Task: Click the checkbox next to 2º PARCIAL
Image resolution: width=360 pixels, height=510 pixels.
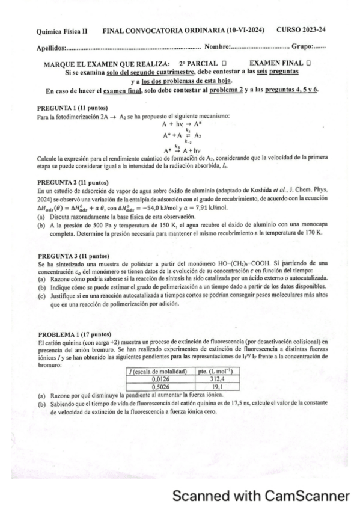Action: click(x=223, y=63)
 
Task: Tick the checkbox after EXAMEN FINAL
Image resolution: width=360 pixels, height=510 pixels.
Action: click(x=308, y=63)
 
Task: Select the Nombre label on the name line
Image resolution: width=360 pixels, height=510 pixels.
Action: click(x=217, y=46)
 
